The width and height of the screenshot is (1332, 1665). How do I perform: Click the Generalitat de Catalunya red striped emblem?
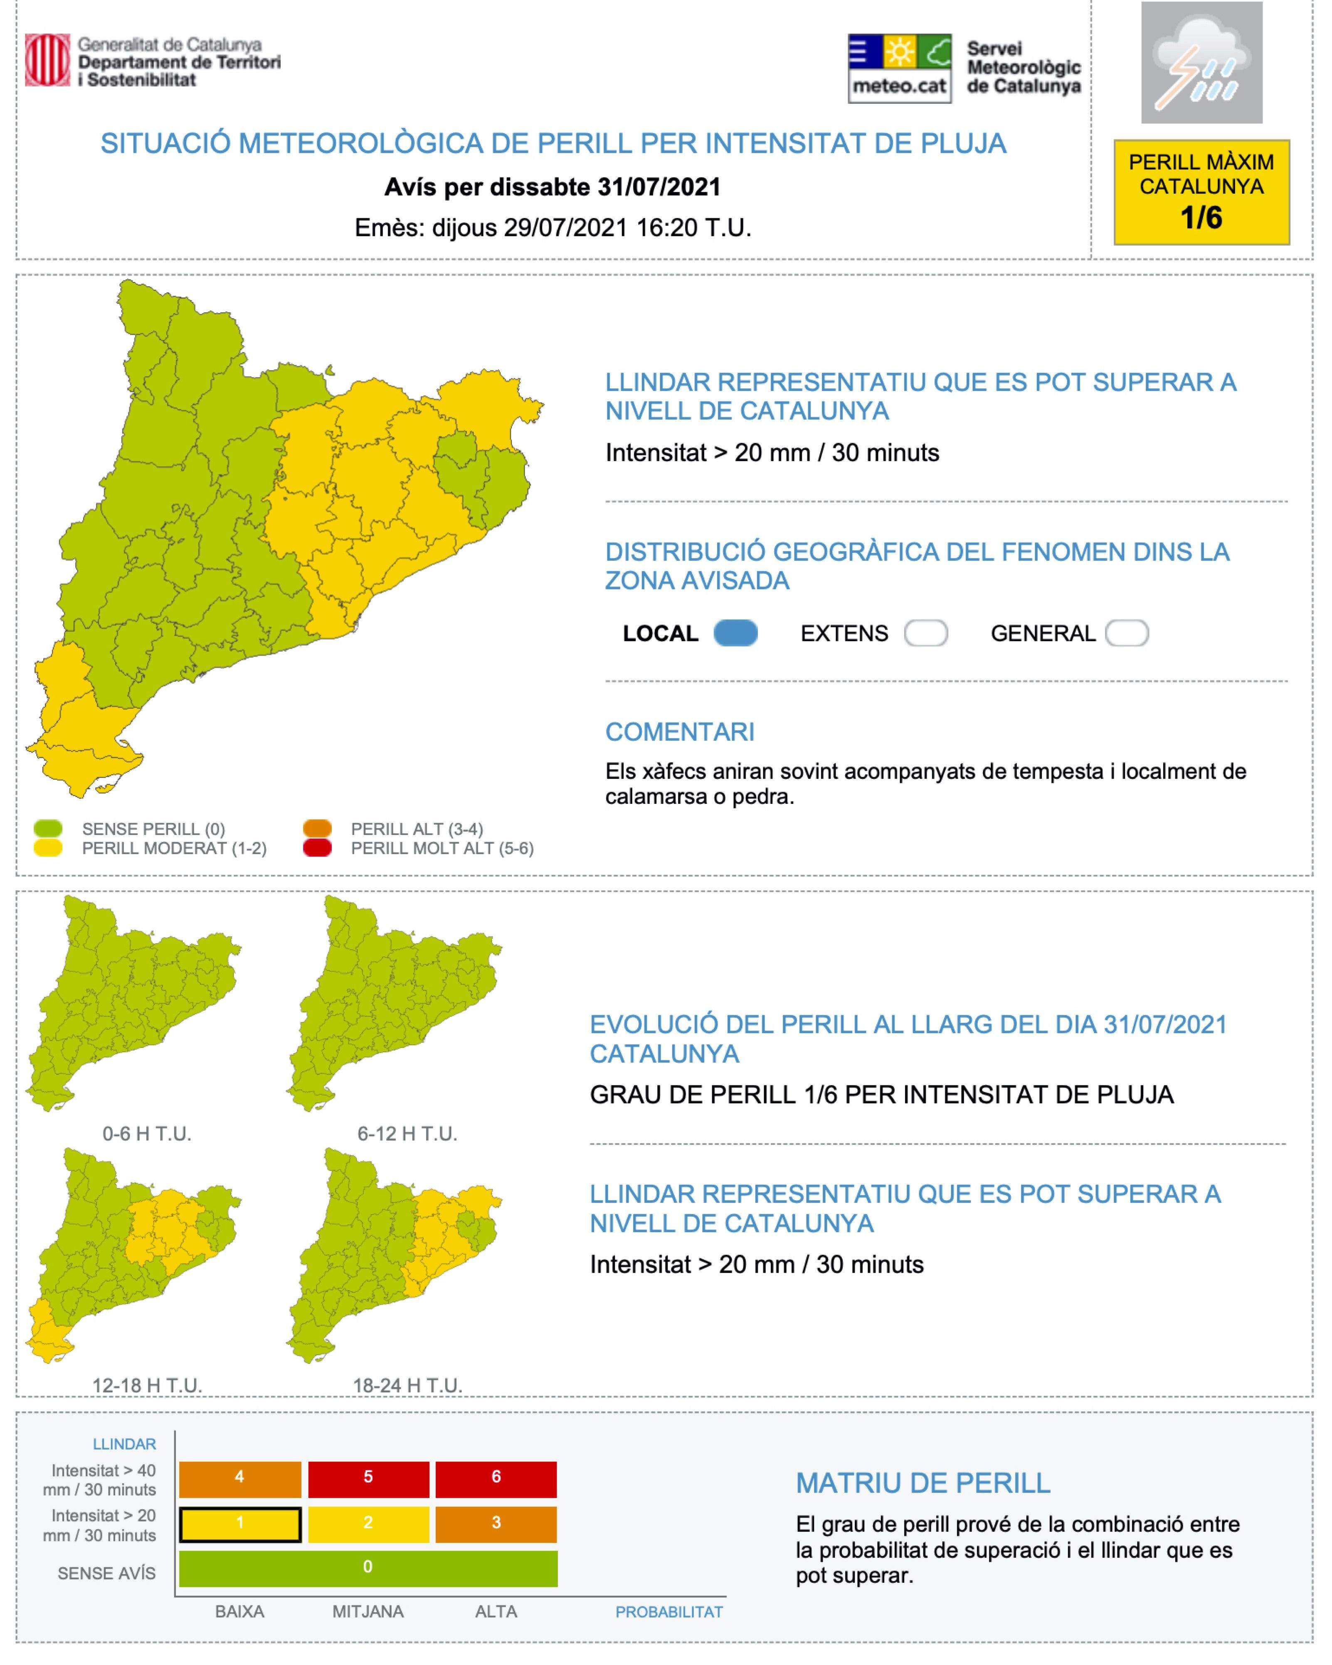[47, 60]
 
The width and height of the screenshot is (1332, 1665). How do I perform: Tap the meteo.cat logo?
[899, 69]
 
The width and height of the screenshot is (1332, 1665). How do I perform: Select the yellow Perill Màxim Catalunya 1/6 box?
[1201, 192]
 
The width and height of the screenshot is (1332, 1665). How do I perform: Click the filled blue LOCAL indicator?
[735, 633]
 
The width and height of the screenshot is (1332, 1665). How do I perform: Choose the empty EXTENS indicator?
[925, 633]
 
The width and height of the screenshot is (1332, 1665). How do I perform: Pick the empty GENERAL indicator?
[1127, 633]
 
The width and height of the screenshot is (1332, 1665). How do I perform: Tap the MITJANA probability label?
[368, 1612]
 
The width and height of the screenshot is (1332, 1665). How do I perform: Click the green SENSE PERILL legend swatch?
[48, 829]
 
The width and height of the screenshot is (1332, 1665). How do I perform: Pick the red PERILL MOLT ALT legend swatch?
[317, 848]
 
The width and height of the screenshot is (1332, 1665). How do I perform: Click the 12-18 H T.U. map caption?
[147, 1385]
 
